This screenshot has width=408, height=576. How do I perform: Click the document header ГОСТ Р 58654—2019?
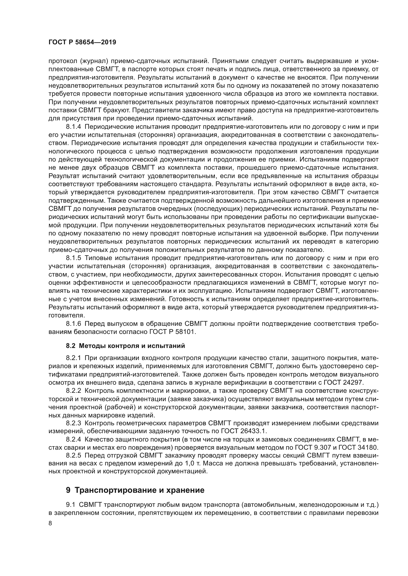click(x=82, y=42)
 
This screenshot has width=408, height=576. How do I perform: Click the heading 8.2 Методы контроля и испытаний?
click(x=125, y=346)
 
